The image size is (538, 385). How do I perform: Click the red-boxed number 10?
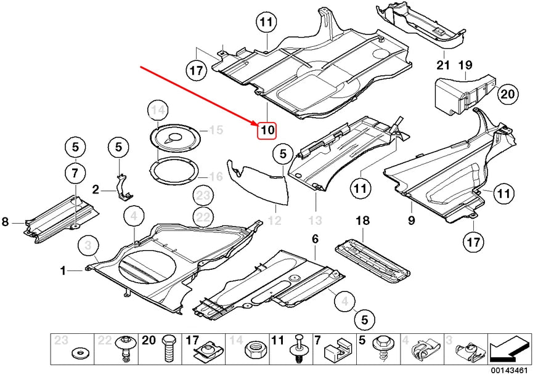[267, 130]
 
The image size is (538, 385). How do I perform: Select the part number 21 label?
[444, 65]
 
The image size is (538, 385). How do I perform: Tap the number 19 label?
[465, 65]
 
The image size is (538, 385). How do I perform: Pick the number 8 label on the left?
[6, 222]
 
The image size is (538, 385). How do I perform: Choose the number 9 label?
[411, 220]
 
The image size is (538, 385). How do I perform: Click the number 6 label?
[315, 238]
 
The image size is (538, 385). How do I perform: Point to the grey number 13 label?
[316, 220]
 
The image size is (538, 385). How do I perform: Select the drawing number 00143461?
[508, 371]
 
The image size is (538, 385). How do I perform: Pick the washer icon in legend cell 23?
[79, 354]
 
